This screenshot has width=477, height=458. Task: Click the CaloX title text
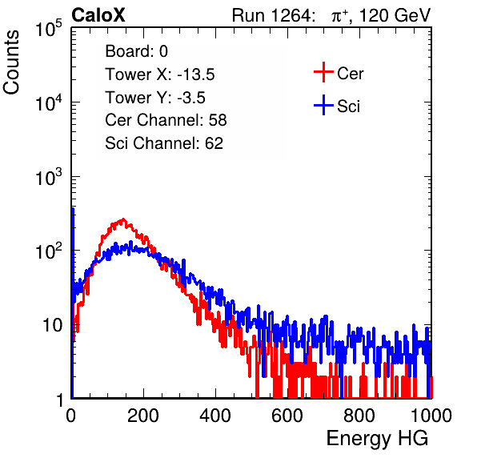[x=98, y=15]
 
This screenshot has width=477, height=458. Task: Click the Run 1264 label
[x=271, y=15]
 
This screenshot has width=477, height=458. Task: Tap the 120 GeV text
[x=395, y=15]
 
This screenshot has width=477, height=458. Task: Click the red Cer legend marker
[x=323, y=72]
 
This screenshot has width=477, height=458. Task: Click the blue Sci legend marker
[x=323, y=106]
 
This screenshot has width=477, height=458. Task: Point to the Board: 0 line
[x=136, y=51]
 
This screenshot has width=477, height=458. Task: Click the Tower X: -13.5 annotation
[x=160, y=74]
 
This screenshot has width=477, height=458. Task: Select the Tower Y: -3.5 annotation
[x=155, y=98]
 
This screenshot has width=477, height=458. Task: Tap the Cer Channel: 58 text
[x=166, y=120]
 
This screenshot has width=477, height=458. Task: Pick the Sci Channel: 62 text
[x=164, y=143]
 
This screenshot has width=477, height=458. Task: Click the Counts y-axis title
[x=11, y=62]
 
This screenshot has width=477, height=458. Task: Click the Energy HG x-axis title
[x=377, y=439]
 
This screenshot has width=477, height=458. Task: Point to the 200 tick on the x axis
[x=143, y=416]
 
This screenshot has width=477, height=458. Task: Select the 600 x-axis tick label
[x=287, y=416]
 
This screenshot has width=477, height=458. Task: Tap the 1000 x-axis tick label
[x=431, y=416]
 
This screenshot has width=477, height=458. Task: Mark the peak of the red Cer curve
[x=123, y=219]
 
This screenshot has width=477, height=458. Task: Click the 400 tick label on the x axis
[x=215, y=416]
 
